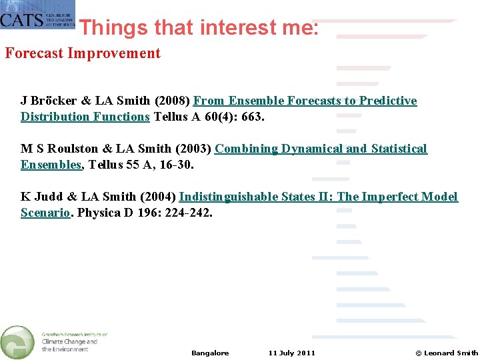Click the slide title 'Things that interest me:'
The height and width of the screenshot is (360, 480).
point(199,27)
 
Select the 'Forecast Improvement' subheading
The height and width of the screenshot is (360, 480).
point(83,53)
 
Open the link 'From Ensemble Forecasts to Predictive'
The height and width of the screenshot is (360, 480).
point(305,101)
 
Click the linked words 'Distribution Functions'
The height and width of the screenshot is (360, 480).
point(85,117)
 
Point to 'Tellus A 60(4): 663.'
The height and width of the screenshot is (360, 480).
point(209,117)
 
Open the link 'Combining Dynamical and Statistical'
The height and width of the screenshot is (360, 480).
point(321,149)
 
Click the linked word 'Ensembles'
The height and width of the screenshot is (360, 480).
point(51,165)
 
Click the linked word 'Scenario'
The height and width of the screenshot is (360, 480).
point(45,213)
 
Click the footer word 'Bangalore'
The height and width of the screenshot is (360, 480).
point(210,353)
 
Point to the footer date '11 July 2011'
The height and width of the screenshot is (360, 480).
point(292,353)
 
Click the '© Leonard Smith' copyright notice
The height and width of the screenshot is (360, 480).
point(447,353)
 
